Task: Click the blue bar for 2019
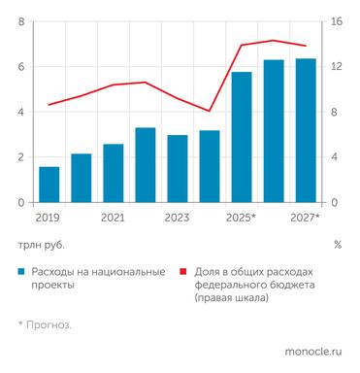49,185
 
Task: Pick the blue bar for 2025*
242,137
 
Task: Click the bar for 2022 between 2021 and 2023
146,165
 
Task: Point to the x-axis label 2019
48,219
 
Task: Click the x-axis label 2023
178,219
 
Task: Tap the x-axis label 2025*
241,219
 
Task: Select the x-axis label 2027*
305,219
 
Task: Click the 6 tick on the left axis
20,67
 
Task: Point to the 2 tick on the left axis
20,157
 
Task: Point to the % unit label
337,245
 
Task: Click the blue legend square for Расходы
20,272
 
